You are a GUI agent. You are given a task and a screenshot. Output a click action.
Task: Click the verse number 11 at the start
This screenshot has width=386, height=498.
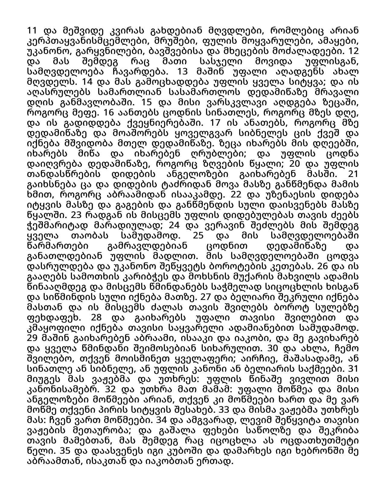pyautogui.click(x=32, y=31)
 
